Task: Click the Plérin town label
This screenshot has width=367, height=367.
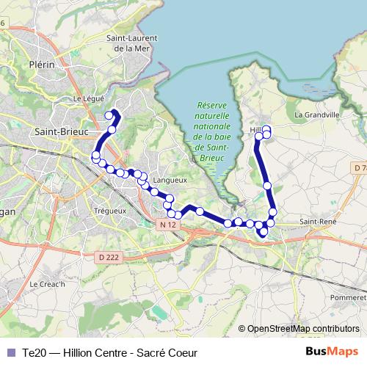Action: click(x=42, y=65)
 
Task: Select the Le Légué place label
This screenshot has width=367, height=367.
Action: click(x=89, y=98)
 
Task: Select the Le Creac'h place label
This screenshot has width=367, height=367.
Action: click(x=47, y=284)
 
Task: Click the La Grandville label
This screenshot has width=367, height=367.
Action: click(x=316, y=115)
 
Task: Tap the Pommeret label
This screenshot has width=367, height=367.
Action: click(x=348, y=298)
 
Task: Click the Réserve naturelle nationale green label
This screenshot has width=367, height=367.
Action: click(x=213, y=131)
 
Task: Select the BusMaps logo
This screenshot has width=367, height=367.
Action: click(x=332, y=352)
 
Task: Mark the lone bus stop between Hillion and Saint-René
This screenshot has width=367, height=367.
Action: click(x=267, y=186)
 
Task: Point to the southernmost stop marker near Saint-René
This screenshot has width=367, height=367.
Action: click(x=264, y=234)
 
